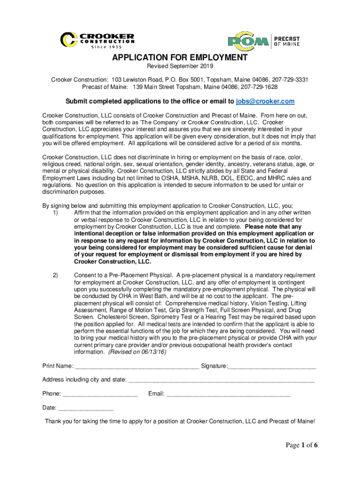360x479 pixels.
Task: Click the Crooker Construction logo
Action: coord(98,41)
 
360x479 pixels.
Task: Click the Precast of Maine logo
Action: coord(264,41)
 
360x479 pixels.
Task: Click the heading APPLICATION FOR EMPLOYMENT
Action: coord(180,58)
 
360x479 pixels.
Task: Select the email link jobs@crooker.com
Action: coord(265,102)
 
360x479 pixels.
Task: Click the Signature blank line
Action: coord(272,366)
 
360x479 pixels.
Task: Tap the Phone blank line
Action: coord(100,394)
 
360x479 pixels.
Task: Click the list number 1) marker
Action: coord(55,212)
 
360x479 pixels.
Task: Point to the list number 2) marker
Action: coord(55,276)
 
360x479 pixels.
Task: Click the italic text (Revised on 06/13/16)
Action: coord(137,352)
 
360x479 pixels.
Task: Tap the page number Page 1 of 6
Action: coord(302,445)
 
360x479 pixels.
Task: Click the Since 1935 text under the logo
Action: coord(106,47)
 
